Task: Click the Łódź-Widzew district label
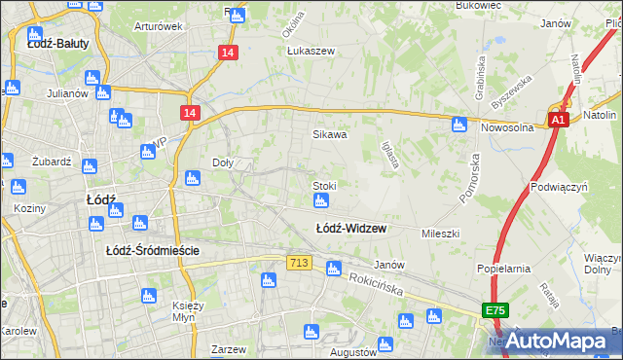coord(350,229)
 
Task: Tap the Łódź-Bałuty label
coord(58,43)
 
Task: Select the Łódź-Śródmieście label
coord(153,250)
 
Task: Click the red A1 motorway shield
coord(557,120)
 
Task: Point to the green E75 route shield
coord(495,309)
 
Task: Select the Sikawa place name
coord(329,135)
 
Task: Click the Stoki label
coord(324,185)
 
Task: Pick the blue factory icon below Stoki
coord(320,201)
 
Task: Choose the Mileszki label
coord(439,234)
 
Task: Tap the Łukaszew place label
coord(310,53)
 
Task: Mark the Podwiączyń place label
coord(559,185)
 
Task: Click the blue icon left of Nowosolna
coord(458,125)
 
